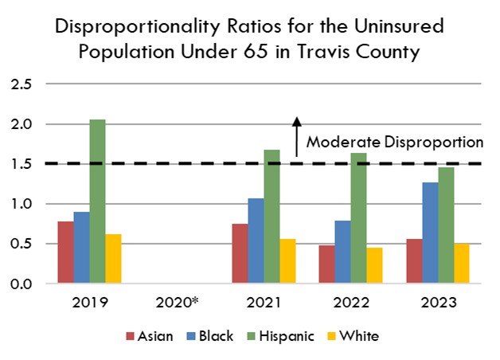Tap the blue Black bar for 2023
pyautogui.click(x=430, y=233)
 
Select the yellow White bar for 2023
pyautogui.click(x=462, y=263)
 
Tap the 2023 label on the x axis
pyautogui.click(x=438, y=303)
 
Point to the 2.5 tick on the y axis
pyautogui.click(x=21, y=84)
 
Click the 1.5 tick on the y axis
pyautogui.click(x=21, y=164)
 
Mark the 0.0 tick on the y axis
pyautogui.click(x=21, y=284)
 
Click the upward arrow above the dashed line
pyautogui.click(x=296, y=135)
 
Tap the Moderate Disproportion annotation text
pyautogui.click(x=394, y=143)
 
